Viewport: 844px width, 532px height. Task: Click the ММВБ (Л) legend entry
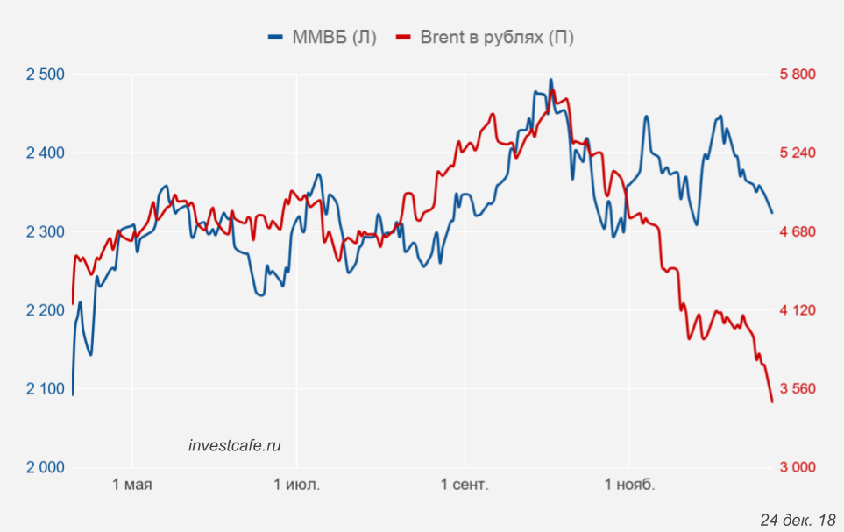point(323,37)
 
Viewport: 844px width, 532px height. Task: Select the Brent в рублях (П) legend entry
point(486,37)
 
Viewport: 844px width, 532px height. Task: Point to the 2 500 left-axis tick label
point(46,74)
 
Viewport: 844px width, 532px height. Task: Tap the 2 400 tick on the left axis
point(46,153)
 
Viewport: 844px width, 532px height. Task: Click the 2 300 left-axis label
point(46,232)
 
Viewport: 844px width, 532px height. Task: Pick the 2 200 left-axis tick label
point(46,310)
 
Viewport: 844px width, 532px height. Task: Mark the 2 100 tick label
point(46,389)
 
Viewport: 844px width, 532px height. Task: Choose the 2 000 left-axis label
point(46,467)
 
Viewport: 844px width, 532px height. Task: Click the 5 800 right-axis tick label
point(798,74)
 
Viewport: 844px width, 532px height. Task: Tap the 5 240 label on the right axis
point(798,153)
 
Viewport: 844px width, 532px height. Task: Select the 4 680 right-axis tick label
point(798,232)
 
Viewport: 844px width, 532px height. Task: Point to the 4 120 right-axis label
point(798,310)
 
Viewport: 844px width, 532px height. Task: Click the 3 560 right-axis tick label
point(798,389)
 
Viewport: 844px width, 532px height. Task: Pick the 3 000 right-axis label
point(798,467)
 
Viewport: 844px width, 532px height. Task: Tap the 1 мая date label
point(132,485)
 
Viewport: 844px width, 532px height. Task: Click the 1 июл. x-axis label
point(297,485)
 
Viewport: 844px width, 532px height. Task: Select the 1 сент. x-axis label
point(465,485)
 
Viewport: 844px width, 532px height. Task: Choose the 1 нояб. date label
point(629,485)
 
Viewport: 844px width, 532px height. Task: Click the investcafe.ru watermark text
point(235,445)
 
